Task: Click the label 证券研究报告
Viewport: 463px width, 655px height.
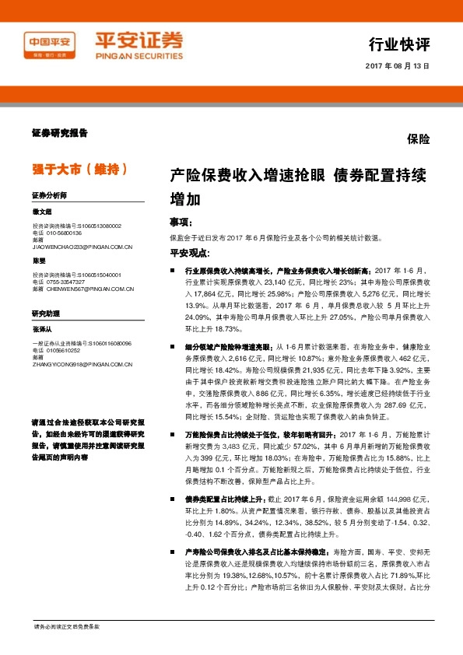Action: [x=59, y=133]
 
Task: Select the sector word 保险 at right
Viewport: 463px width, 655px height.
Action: [x=418, y=139]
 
